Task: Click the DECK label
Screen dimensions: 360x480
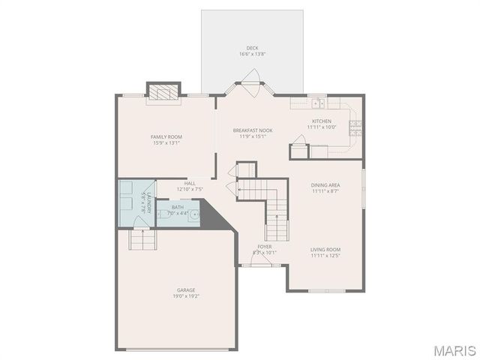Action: tap(253, 48)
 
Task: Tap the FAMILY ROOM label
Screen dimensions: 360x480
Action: tap(166, 136)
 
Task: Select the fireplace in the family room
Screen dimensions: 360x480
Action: tap(163, 91)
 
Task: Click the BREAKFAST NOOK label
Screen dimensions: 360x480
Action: tap(252, 130)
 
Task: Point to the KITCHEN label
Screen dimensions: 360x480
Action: tap(322, 121)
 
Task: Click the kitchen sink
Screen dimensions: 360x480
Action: tap(318, 103)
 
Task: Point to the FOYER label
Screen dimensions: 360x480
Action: tap(264, 246)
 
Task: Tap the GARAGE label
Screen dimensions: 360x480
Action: tap(187, 289)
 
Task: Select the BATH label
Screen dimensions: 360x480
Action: tap(177, 208)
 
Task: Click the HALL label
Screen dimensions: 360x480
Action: tap(190, 183)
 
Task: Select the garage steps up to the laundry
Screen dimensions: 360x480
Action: tap(141, 240)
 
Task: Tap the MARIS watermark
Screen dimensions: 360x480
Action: tap(454, 350)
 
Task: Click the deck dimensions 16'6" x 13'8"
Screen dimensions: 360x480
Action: tap(253, 55)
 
